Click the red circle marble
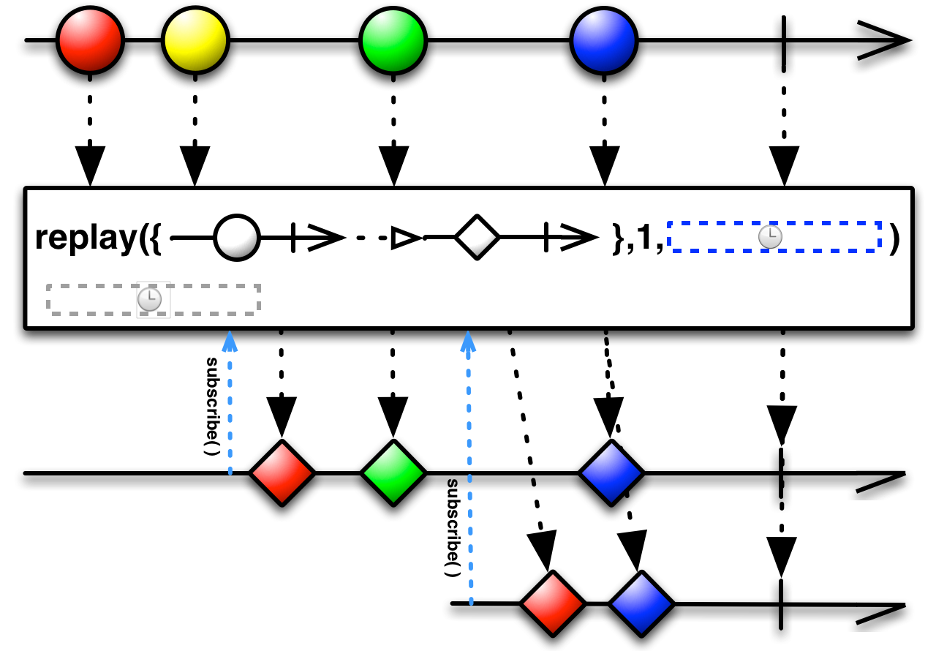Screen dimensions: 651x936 click(x=90, y=40)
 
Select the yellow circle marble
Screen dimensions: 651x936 click(x=195, y=40)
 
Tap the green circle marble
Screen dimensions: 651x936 click(x=393, y=40)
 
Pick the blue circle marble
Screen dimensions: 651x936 click(x=603, y=40)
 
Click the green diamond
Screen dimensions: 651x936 click(x=393, y=473)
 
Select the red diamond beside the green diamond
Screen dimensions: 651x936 click(x=282, y=473)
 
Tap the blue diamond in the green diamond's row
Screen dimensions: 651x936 click(x=611, y=473)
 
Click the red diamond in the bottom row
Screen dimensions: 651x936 click(x=552, y=603)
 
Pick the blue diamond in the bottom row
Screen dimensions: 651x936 click(x=641, y=603)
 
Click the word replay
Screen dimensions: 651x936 click(x=86, y=238)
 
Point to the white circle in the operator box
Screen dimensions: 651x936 click(x=236, y=238)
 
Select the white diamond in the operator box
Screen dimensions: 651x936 click(x=477, y=237)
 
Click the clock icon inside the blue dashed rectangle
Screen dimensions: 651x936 click(x=770, y=237)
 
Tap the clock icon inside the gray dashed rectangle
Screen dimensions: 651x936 click(x=150, y=299)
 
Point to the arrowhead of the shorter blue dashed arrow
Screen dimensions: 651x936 click(x=230, y=341)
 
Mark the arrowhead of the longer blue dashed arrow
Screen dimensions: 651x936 click(x=468, y=341)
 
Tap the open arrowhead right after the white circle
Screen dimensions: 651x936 click(x=326, y=237)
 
